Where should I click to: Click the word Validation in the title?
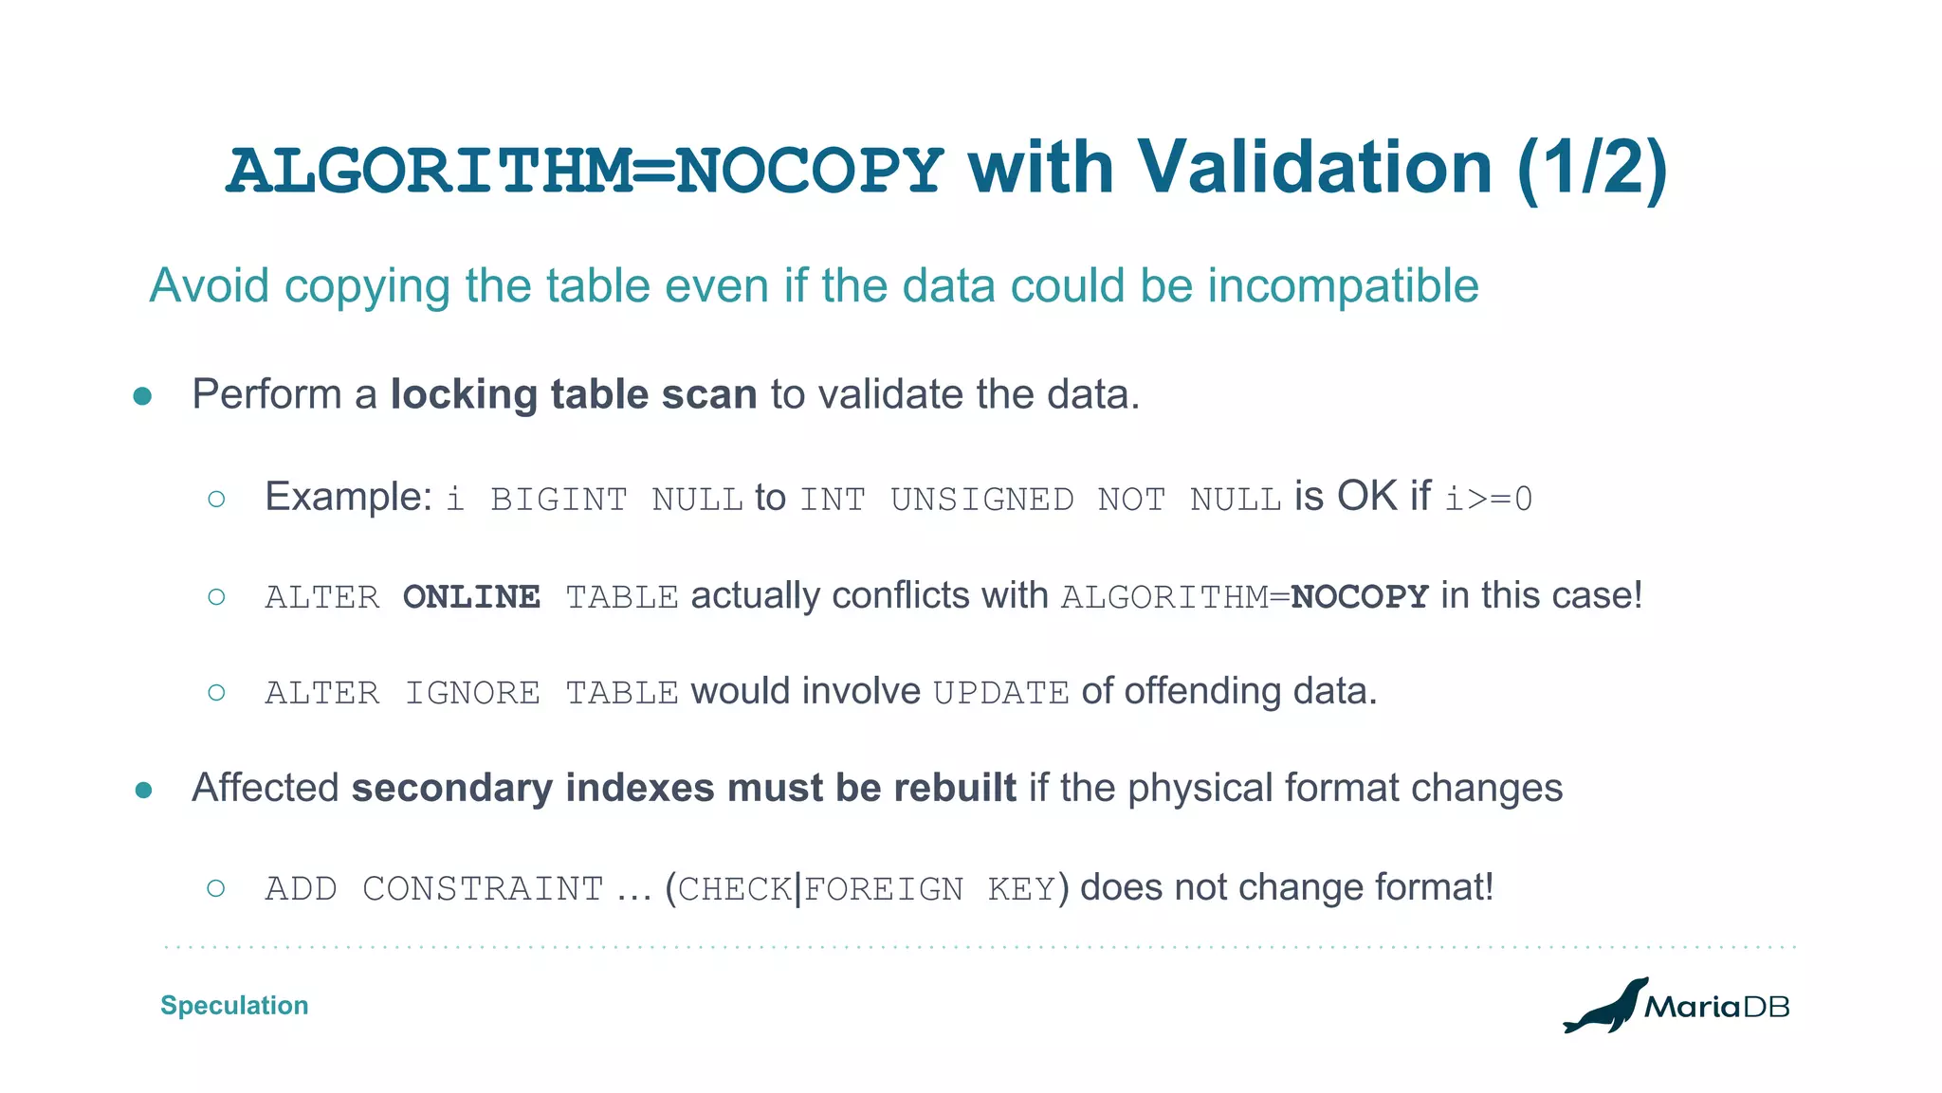[x=1315, y=168]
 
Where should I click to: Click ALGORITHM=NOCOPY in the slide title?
[x=585, y=172]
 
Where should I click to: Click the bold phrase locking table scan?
[x=574, y=394]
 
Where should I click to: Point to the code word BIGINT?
[x=559, y=500]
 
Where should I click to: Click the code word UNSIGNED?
[x=981, y=500]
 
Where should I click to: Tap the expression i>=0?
[x=1488, y=500]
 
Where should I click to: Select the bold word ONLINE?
[x=471, y=597]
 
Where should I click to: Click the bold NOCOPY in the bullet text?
[x=1359, y=597]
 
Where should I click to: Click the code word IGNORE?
[x=472, y=693]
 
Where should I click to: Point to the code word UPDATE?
[x=1001, y=693]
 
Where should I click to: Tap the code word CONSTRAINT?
[x=483, y=889]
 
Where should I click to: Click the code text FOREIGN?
[x=884, y=889]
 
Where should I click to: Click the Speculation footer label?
[x=234, y=1005]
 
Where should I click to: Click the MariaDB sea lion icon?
[x=1604, y=1006]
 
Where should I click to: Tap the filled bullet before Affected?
[x=143, y=790]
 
